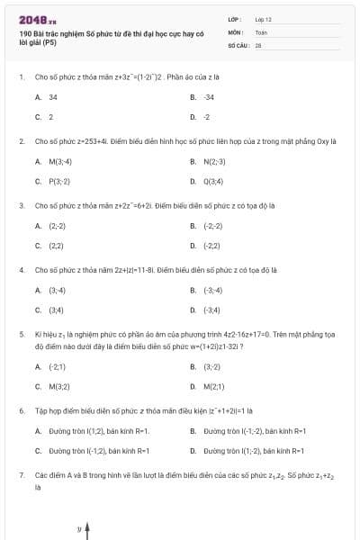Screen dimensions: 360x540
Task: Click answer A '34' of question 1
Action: click(x=53, y=96)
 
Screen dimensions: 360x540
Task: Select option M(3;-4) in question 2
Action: click(x=60, y=161)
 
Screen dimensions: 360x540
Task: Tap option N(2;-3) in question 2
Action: click(x=214, y=161)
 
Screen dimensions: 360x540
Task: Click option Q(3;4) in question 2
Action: click(x=213, y=181)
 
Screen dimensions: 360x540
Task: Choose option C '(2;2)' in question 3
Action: click(x=56, y=245)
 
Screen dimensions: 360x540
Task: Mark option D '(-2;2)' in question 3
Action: click(x=211, y=245)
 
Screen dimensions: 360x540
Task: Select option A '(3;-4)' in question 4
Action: click(x=57, y=290)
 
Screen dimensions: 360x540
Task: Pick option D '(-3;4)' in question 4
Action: click(x=211, y=310)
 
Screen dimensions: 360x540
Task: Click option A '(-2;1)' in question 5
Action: click(x=57, y=366)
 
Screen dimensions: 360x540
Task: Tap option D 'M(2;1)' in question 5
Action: click(x=213, y=386)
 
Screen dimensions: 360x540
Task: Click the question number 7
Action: click(x=21, y=473)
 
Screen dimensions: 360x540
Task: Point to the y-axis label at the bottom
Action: click(x=79, y=528)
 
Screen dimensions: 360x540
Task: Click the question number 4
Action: click(x=21, y=269)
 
